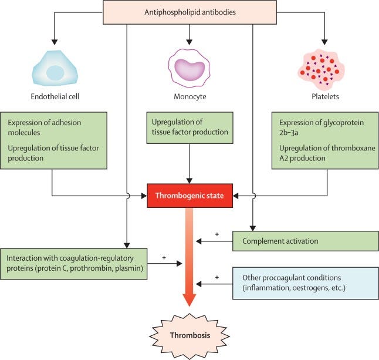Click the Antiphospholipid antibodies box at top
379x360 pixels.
tap(189, 12)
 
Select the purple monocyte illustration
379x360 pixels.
tap(189, 68)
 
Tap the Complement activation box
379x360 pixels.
tap(304, 241)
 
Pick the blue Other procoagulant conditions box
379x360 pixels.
tap(304, 284)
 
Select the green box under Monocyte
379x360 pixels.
tap(189, 127)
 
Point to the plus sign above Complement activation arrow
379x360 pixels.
tap(216, 234)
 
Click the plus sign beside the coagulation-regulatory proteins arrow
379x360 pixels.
tap(164, 257)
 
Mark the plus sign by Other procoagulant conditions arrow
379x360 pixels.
tap(216, 277)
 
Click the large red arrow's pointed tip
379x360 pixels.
tap(189, 304)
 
